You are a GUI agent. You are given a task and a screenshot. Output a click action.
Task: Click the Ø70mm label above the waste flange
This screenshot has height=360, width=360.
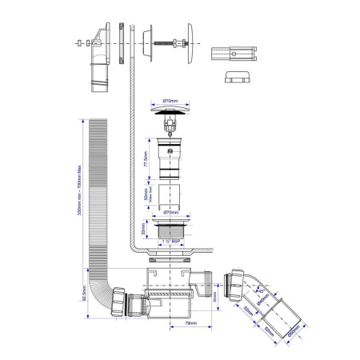(170, 213)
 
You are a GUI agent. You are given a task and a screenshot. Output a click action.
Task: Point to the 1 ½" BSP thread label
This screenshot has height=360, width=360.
(170, 240)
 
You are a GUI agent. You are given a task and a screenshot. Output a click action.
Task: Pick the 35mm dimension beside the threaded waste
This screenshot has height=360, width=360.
(145, 230)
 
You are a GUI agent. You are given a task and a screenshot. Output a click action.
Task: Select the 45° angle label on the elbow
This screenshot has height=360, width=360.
(262, 291)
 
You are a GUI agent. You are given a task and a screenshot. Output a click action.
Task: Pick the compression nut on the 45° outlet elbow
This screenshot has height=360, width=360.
(236, 282)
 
